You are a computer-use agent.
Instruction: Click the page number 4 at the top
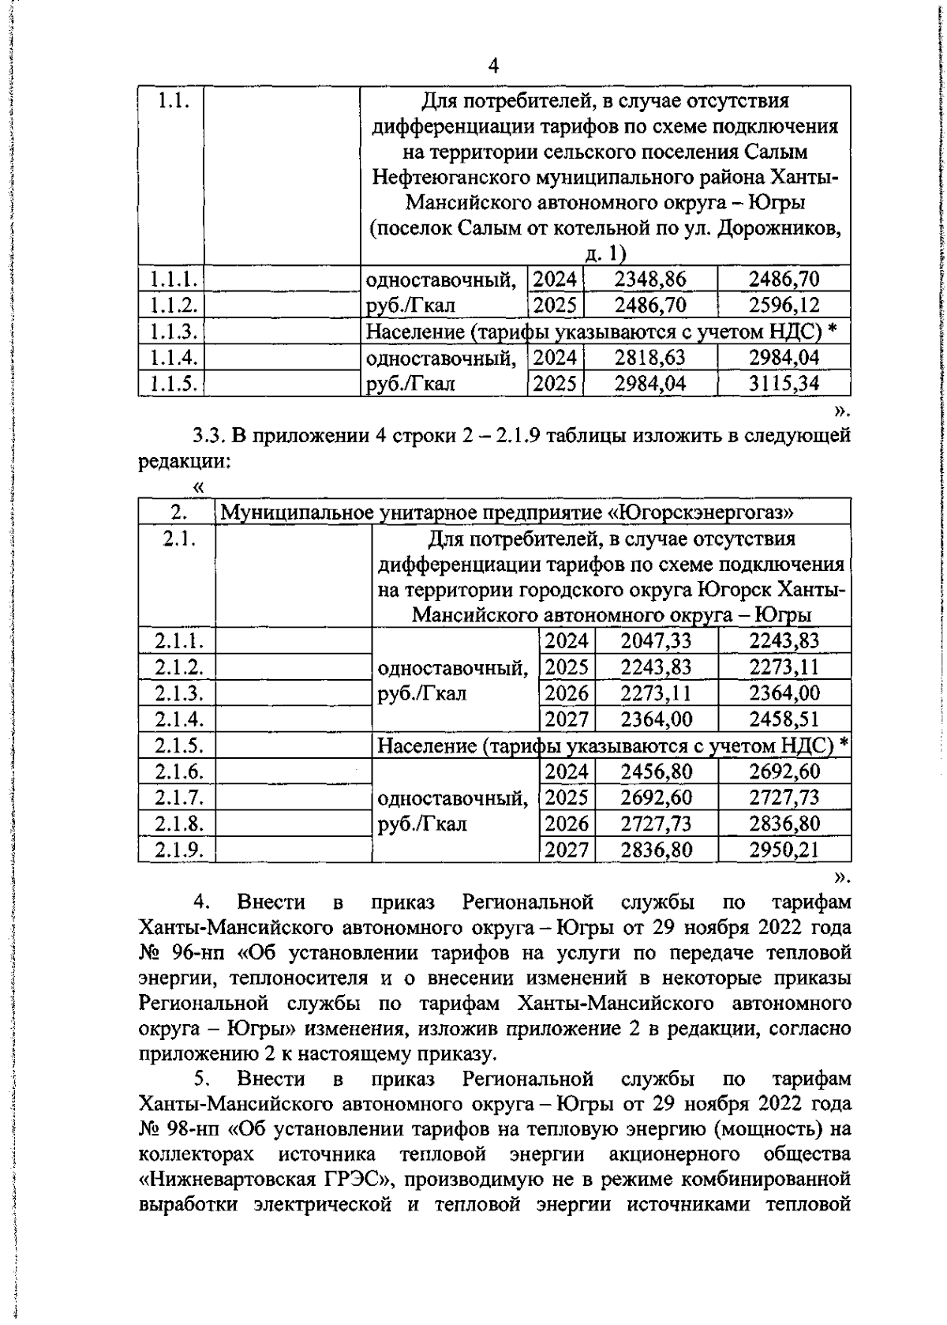point(494,66)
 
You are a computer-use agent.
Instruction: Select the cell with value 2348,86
point(650,279)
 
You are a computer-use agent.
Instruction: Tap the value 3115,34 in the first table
point(784,384)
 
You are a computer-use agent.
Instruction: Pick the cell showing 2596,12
point(784,305)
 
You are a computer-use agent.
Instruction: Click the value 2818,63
point(650,358)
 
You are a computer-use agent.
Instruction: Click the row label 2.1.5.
point(179,745)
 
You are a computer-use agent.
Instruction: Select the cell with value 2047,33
point(656,640)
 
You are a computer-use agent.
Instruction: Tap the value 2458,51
point(784,719)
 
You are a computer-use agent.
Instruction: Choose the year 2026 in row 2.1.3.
point(567,693)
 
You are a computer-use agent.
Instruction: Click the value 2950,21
point(784,850)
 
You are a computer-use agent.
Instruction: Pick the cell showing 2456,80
point(656,771)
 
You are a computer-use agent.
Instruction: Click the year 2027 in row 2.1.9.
point(567,850)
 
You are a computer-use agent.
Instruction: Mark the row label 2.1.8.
point(179,824)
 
